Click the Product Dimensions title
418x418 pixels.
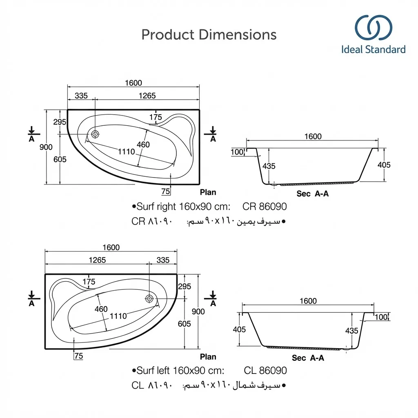point(209,35)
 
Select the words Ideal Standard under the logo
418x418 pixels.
point(373,50)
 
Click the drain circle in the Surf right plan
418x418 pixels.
point(95,134)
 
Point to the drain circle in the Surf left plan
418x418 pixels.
point(149,298)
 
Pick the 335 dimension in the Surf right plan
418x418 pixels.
point(81,96)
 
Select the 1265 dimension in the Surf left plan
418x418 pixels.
point(97,260)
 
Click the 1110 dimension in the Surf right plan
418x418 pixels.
point(126,152)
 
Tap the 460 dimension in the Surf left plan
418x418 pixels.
point(101,309)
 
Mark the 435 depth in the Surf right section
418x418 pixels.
point(269,166)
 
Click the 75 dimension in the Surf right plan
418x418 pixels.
point(165,191)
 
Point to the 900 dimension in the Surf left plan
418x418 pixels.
point(198,311)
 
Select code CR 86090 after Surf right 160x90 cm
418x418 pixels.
point(265,207)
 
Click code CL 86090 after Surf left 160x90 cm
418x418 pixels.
point(265,371)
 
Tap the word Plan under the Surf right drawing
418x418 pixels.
point(208,192)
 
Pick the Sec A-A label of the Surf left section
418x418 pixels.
point(308,358)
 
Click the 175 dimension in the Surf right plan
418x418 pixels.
point(155,118)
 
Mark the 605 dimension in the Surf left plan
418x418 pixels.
point(184,324)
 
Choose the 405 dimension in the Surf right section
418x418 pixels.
point(384,165)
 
